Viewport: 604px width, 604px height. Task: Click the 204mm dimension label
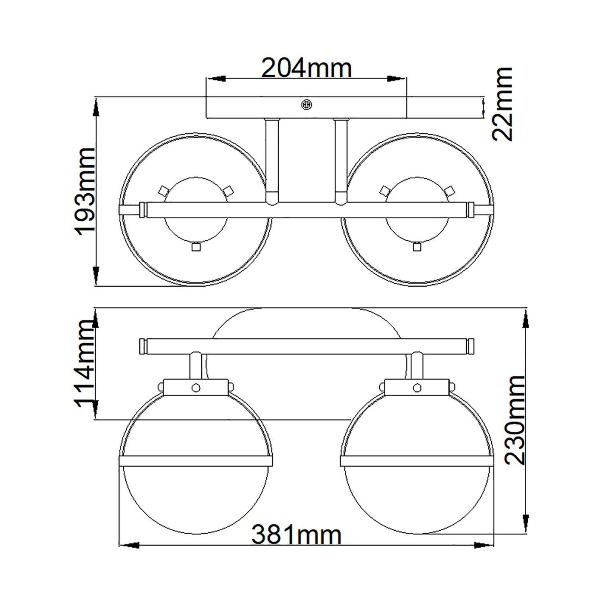coord(306,68)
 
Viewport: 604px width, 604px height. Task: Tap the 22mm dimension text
coord(503,104)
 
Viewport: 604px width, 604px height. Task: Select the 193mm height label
coord(85,191)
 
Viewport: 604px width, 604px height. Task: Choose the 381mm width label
coord(296,535)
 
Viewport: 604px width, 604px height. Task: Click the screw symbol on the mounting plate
coord(306,104)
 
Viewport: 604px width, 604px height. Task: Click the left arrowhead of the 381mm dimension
coord(129,546)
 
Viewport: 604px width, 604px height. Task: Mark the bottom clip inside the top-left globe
coord(196,246)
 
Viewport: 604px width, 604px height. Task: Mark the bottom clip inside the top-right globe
coord(417,246)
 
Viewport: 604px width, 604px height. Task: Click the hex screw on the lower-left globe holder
coord(196,387)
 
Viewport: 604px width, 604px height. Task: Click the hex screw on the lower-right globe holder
coord(417,387)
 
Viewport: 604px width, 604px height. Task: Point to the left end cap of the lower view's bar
coord(143,347)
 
